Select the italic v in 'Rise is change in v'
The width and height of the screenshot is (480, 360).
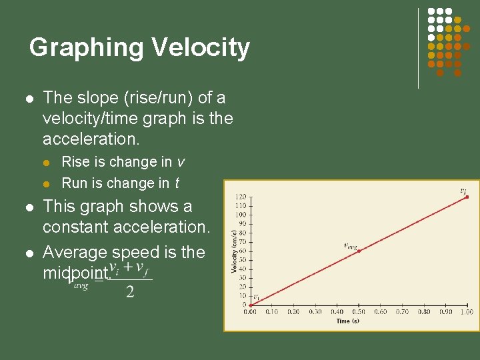point(181,162)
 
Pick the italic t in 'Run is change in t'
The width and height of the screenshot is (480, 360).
point(177,183)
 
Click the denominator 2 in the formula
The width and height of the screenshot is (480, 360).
point(129,292)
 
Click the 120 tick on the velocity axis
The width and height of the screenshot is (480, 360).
point(240,197)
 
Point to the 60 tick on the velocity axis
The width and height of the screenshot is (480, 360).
point(241,251)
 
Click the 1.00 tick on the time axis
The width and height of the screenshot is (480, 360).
point(467,311)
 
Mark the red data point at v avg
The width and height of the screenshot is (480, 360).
point(359,251)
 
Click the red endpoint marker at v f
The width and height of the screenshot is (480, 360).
point(467,197)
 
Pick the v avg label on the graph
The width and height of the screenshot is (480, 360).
point(350,245)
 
